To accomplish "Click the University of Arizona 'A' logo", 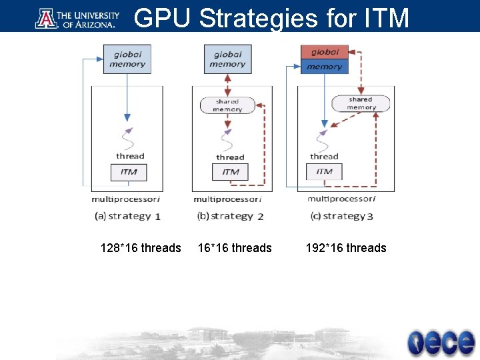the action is click(x=47, y=18).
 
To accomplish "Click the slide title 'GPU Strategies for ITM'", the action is click(x=271, y=18).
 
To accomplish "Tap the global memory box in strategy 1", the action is click(x=127, y=59).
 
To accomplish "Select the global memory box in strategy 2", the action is click(x=228, y=59).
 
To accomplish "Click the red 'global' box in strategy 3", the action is click(x=325, y=52).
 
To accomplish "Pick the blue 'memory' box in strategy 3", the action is click(x=325, y=67).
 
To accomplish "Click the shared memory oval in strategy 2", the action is click(x=227, y=105).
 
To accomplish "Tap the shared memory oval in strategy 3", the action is click(x=361, y=103).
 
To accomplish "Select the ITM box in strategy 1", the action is click(x=129, y=172).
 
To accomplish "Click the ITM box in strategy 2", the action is click(x=230, y=172).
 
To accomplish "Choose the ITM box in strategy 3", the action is click(x=324, y=171).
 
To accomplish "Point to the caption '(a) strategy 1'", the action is click(x=128, y=216).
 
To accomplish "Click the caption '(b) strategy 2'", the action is click(x=230, y=216).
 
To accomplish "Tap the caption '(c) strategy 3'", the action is click(x=341, y=216).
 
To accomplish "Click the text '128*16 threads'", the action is click(x=141, y=248).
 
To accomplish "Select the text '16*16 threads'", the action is click(x=235, y=248).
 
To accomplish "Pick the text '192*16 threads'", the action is click(x=346, y=248).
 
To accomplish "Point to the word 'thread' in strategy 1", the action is click(x=130, y=156).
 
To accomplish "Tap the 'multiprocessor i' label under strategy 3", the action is click(x=341, y=199).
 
